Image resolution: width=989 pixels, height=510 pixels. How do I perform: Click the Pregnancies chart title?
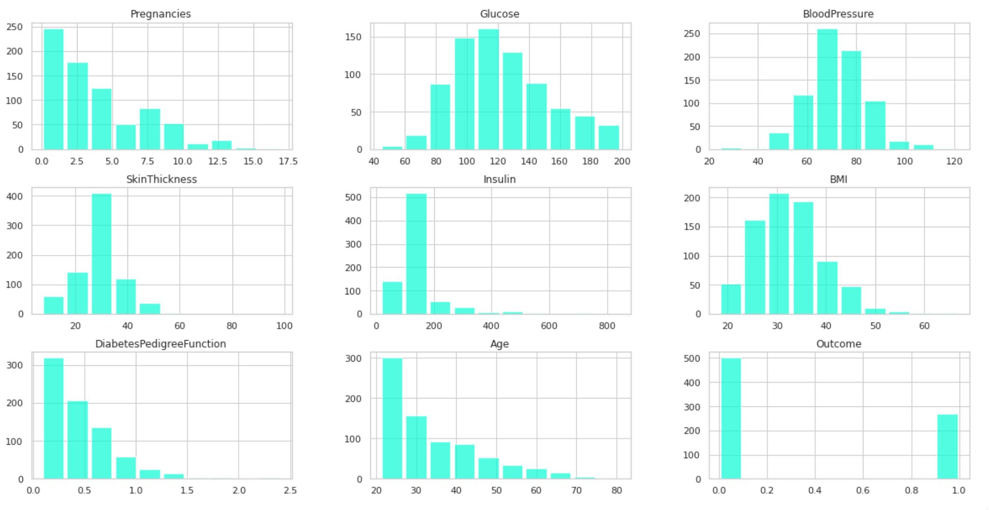pyautogui.click(x=160, y=14)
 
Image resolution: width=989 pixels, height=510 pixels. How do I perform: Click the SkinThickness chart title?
pyautogui.click(x=161, y=179)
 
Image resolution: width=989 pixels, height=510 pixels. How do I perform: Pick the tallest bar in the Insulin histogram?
pyautogui.click(x=416, y=254)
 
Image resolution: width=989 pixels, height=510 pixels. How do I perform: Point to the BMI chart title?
pyautogui.click(x=838, y=179)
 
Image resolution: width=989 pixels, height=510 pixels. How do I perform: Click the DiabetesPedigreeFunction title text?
pyautogui.click(x=160, y=344)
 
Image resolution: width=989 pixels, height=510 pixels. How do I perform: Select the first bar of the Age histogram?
pyautogui.click(x=392, y=419)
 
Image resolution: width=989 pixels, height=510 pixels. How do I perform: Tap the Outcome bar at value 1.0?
pyautogui.click(x=947, y=447)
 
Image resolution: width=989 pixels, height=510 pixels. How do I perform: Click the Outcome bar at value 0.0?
pyautogui.click(x=731, y=419)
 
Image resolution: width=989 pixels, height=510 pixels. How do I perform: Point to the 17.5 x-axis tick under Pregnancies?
pyautogui.click(x=288, y=161)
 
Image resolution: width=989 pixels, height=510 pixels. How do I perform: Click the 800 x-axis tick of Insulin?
pyautogui.click(x=607, y=326)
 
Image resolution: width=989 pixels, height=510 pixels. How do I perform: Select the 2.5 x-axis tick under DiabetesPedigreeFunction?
pyautogui.click(x=290, y=490)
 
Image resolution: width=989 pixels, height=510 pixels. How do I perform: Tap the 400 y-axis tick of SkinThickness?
pyautogui.click(x=14, y=196)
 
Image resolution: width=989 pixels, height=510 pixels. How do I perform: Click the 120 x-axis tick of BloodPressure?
pyautogui.click(x=954, y=161)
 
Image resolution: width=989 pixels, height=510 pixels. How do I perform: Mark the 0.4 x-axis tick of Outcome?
pyautogui.click(x=815, y=490)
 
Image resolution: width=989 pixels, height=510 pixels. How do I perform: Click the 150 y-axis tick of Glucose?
pyautogui.click(x=353, y=37)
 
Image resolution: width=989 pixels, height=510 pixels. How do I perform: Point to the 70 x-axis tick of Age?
pyautogui.click(x=576, y=490)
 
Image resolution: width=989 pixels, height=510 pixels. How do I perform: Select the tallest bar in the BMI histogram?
pyautogui.click(x=778, y=254)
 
